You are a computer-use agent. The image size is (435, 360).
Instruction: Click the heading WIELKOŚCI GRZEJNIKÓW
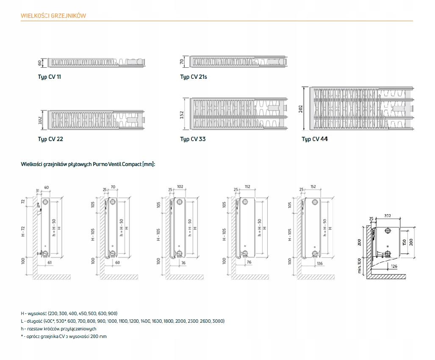(x=53, y=16)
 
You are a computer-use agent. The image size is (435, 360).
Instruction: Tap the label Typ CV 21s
(x=193, y=77)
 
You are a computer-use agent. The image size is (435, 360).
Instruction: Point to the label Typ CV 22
(x=50, y=139)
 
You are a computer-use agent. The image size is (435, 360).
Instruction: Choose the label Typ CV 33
(x=193, y=139)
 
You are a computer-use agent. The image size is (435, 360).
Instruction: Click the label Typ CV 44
(x=314, y=139)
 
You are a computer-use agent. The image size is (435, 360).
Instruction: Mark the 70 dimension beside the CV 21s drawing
(x=182, y=61)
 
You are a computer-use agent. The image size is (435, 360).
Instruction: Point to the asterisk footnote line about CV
(x=64, y=336)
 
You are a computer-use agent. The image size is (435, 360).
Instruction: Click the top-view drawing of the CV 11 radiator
(x=97, y=62)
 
